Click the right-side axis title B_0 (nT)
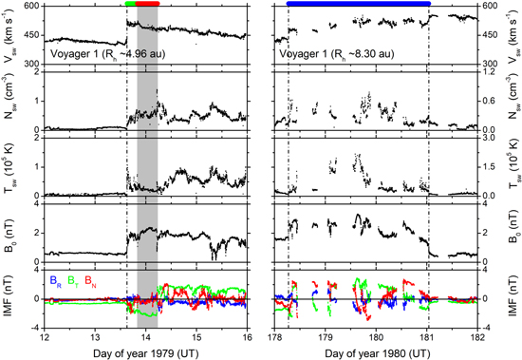513,233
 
